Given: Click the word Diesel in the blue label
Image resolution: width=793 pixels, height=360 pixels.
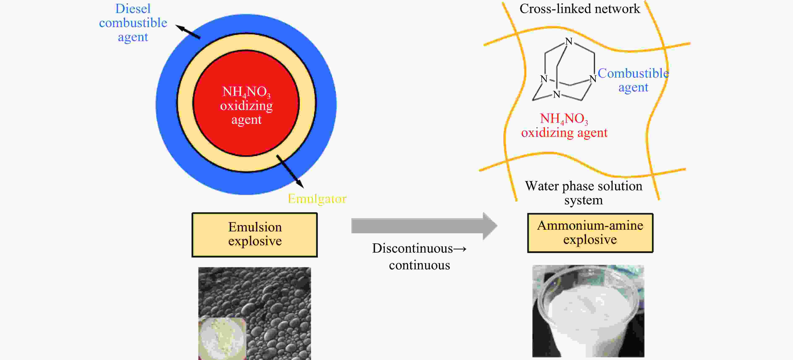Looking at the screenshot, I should pos(133,9).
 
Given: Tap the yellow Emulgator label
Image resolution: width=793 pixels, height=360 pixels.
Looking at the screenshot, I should pos(317,199).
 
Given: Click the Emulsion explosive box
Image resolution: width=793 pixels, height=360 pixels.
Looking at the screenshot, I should pos(255,235).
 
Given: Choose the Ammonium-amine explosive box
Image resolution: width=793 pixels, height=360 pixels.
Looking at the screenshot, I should pos(590,233).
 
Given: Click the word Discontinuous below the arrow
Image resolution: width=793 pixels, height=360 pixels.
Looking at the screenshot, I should pos(412,248).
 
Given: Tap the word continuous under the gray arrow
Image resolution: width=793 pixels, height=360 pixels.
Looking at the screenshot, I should pos(419,265).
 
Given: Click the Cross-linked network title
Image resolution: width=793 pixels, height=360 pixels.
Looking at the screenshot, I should pos(580,9).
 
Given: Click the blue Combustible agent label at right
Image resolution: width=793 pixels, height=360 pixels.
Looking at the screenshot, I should pos(633,80).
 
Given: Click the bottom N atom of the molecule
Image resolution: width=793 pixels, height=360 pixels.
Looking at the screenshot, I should pos(557,94).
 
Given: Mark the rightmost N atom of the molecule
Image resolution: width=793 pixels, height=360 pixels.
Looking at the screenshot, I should pos(593,79).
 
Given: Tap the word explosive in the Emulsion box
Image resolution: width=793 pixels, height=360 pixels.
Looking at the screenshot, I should pos(255,241).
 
